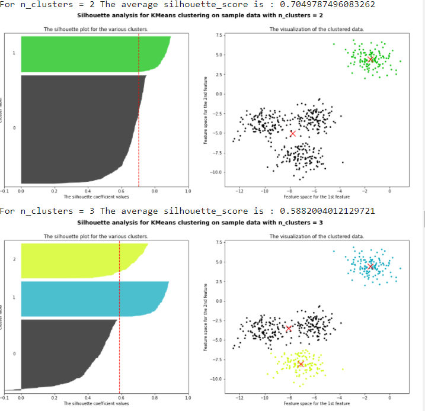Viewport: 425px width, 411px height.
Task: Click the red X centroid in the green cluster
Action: click(370, 59)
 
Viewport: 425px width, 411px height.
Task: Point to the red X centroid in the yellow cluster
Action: click(301, 364)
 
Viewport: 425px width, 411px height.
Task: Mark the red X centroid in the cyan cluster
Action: click(370, 266)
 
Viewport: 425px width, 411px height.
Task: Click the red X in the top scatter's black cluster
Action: click(293, 133)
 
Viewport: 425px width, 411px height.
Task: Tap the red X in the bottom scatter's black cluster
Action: click(289, 328)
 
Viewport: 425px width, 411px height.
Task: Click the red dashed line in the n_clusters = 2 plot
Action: click(139, 118)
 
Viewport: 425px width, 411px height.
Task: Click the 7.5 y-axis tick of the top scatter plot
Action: click(219, 36)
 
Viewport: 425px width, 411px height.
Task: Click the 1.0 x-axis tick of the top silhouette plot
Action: click(188, 191)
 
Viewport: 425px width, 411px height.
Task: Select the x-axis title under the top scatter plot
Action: click(317, 196)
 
